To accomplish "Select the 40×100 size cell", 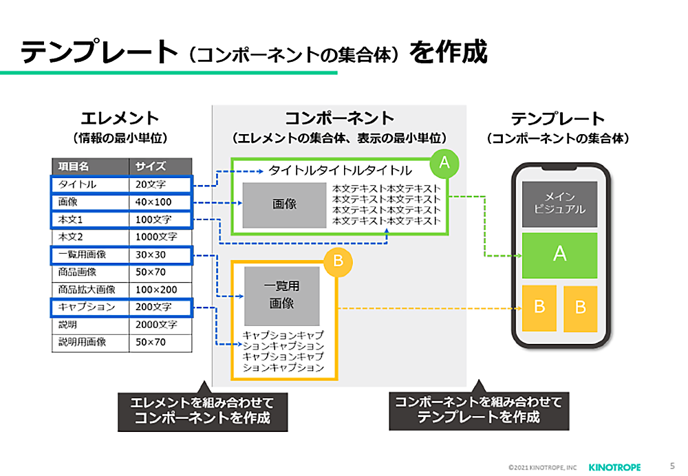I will (x=160, y=202).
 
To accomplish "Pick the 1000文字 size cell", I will (x=160, y=237).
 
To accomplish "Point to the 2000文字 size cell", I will (x=160, y=324).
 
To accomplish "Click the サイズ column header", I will (x=160, y=166).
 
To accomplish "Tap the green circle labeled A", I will (x=444, y=162).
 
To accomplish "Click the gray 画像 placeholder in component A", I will (x=284, y=204).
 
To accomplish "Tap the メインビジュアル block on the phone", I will (x=559, y=204).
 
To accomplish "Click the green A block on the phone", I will (x=559, y=255).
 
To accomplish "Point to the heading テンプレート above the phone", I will (x=557, y=118).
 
